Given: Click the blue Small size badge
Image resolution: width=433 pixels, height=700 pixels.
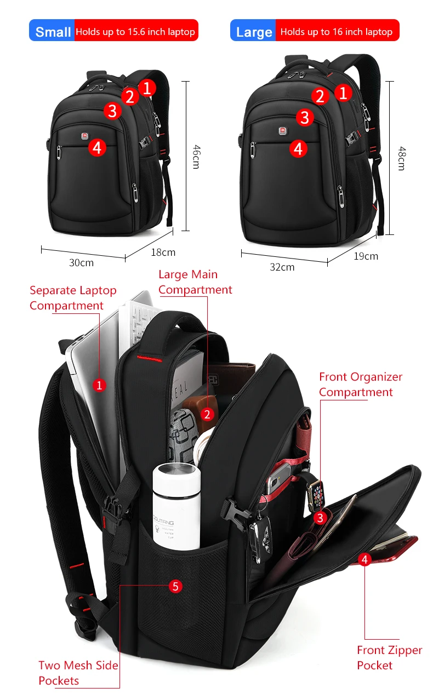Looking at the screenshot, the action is [x=52, y=31].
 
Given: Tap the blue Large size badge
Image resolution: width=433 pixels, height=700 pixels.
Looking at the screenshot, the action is [x=253, y=31].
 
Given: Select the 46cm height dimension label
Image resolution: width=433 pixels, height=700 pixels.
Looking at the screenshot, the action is [x=195, y=156].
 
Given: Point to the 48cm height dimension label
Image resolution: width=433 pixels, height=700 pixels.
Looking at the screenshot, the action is [x=401, y=158].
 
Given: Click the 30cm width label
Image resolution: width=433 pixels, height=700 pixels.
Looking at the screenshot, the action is [x=81, y=263].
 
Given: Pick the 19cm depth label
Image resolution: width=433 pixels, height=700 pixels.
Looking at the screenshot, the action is [x=366, y=256].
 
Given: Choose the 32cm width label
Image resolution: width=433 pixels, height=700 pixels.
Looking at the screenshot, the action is [x=282, y=267].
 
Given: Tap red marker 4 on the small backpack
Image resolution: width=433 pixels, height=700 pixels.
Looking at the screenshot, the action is [x=97, y=147].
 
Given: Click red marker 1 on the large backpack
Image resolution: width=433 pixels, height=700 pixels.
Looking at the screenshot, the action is [x=344, y=93].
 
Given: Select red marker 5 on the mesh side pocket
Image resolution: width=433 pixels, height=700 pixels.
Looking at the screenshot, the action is [x=175, y=586].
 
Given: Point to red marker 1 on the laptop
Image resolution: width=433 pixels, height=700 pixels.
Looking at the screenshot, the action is [x=99, y=386].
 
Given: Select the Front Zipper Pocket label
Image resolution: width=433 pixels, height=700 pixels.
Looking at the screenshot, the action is [x=389, y=658].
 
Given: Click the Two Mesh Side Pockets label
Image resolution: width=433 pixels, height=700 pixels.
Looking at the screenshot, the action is [x=78, y=673].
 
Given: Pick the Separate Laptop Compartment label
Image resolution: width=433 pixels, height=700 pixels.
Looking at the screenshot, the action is [x=73, y=298].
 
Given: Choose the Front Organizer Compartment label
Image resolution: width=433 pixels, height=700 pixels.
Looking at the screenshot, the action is [x=360, y=385].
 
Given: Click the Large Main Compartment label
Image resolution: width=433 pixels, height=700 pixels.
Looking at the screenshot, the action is [x=195, y=282].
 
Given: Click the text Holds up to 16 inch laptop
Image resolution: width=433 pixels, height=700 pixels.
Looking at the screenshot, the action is [x=337, y=32].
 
